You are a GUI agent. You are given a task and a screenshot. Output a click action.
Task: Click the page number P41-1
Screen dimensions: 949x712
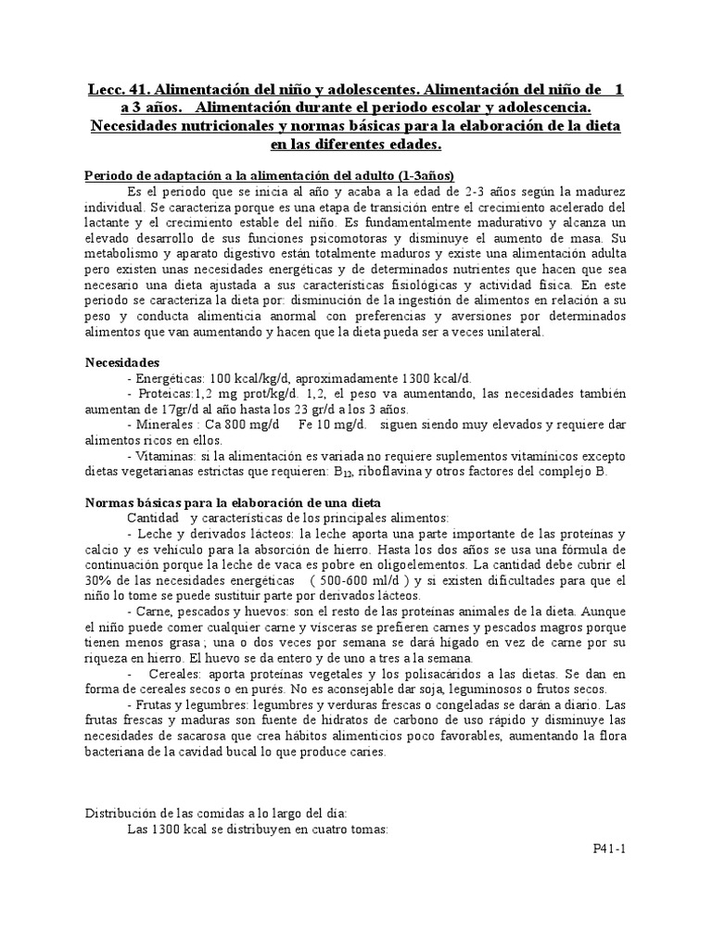coord(610,848)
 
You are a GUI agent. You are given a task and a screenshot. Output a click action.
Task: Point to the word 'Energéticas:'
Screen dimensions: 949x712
coord(169,378)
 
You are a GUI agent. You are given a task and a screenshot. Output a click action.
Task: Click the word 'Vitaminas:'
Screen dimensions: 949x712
coord(166,457)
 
